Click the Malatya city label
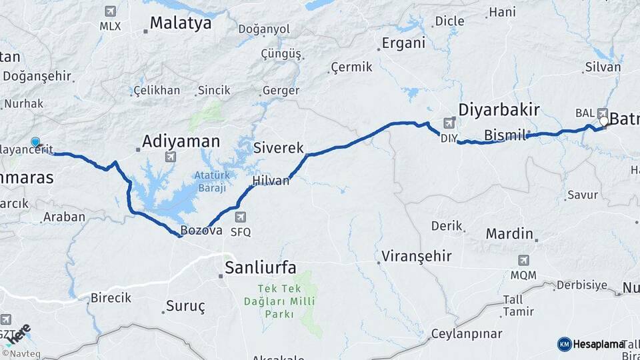coord(180,23)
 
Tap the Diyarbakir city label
coord(499,110)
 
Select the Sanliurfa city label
coord(260,268)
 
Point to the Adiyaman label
coord(181,141)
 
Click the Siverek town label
coord(279,148)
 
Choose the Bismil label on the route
coord(505,135)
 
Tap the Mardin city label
coord(509,234)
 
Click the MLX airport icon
coord(110,11)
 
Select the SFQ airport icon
coord(240,217)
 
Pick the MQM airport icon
coord(523,259)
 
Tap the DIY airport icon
coord(449,123)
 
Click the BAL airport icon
coord(603,113)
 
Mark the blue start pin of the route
coord(35,142)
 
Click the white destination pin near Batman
coord(604,121)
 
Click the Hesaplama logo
coord(590,344)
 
